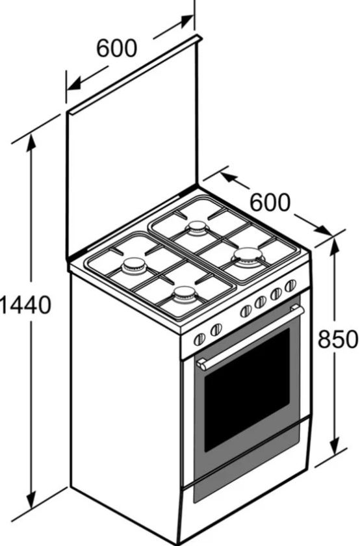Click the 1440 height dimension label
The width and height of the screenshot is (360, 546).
(25, 305)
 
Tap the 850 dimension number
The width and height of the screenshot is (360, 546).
(338, 339)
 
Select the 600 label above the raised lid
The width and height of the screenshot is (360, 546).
(116, 48)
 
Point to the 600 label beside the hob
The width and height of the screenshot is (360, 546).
(270, 202)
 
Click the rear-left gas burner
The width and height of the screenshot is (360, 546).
(134, 265)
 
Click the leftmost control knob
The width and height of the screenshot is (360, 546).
(199, 339)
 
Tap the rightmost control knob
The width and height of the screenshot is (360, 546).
(290, 286)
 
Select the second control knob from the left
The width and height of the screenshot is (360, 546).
(216, 329)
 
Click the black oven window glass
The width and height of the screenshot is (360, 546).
(247, 389)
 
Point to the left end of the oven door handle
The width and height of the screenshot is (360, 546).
(201, 365)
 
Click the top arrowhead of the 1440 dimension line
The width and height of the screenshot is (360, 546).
(31, 140)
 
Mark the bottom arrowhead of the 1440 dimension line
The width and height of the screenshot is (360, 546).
(31, 500)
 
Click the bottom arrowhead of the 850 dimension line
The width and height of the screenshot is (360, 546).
(334, 446)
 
